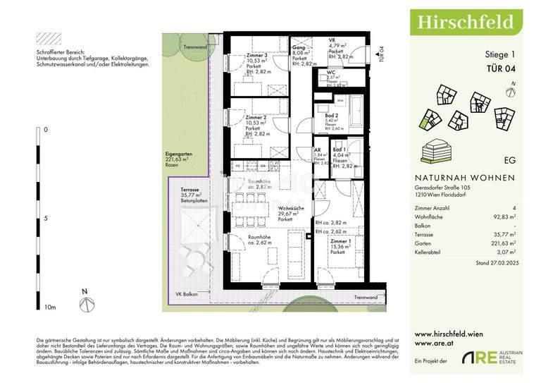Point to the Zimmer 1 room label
point(342,241)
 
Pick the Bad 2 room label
point(332,115)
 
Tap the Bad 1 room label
point(340,150)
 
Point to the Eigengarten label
point(178,153)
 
